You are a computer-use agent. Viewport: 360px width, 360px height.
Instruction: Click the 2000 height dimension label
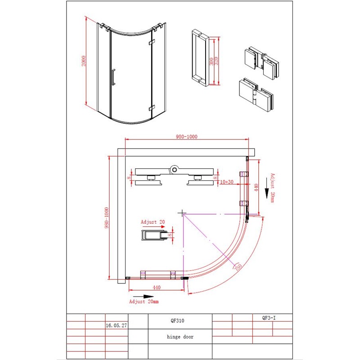click(x=84, y=61)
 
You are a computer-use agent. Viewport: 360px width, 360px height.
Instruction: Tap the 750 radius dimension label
click(x=238, y=267)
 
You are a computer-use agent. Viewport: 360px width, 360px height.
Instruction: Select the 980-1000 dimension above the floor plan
click(x=187, y=137)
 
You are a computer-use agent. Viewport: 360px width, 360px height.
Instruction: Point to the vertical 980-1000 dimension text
click(x=106, y=218)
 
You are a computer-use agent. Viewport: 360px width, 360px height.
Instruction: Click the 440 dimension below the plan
click(x=157, y=287)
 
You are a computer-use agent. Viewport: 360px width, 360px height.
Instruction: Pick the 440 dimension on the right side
click(x=256, y=187)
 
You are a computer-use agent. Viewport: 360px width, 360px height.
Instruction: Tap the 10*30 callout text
click(x=226, y=182)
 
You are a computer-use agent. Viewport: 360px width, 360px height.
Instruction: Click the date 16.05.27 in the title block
click(x=116, y=325)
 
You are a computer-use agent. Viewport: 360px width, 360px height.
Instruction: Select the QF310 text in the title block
click(x=177, y=320)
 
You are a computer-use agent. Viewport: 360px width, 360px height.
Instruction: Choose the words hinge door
click(x=180, y=337)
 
